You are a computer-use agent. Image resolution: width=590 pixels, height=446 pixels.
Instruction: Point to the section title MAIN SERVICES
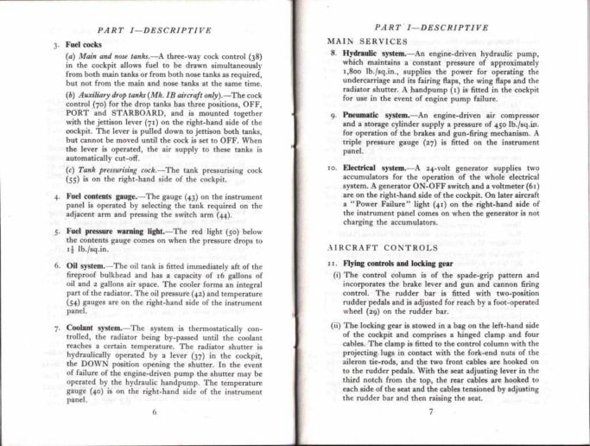click(x=367, y=41)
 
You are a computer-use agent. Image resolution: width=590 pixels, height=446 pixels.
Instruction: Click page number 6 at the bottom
click(x=154, y=412)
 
